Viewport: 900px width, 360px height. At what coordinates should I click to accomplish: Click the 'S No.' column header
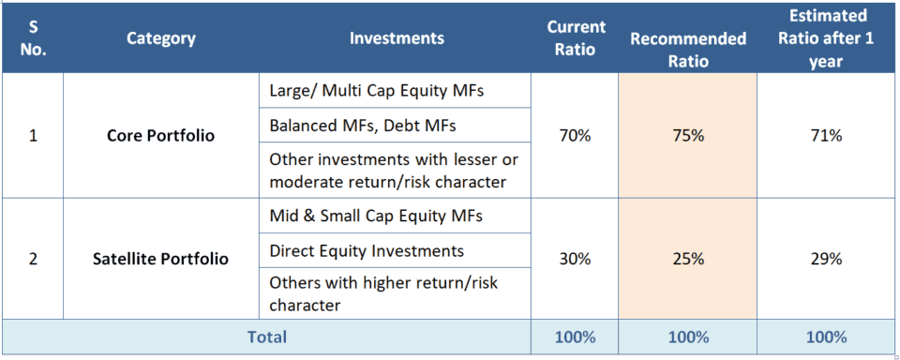click(x=33, y=38)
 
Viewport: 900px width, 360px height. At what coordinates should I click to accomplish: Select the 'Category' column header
click(x=161, y=38)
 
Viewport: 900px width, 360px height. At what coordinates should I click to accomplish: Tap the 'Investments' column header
click(x=397, y=38)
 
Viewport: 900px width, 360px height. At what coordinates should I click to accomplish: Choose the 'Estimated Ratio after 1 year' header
click(x=828, y=38)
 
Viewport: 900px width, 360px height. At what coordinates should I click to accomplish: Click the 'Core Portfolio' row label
click(x=161, y=136)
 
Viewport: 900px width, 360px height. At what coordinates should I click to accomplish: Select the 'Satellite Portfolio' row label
click(x=161, y=259)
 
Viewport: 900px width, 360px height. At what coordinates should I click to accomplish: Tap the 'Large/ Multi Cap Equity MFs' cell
click(x=364, y=91)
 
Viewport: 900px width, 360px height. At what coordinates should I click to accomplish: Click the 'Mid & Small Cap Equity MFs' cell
click(x=375, y=216)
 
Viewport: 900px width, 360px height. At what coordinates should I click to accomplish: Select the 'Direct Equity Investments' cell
click(x=367, y=250)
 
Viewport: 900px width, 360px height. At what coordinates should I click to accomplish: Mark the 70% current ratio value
click(x=575, y=136)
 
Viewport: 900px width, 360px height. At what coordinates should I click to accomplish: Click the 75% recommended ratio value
click(x=688, y=136)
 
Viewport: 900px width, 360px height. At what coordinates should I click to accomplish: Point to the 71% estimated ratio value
click(x=827, y=136)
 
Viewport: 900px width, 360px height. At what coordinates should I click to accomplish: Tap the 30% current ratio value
click(x=575, y=259)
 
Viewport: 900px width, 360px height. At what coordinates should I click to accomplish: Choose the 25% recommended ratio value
click(x=688, y=259)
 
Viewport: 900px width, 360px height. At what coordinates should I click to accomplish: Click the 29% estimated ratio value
click(x=827, y=259)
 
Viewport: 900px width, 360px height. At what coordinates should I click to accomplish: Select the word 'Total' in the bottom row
click(x=265, y=337)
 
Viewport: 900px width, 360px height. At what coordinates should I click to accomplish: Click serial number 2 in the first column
click(x=33, y=259)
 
